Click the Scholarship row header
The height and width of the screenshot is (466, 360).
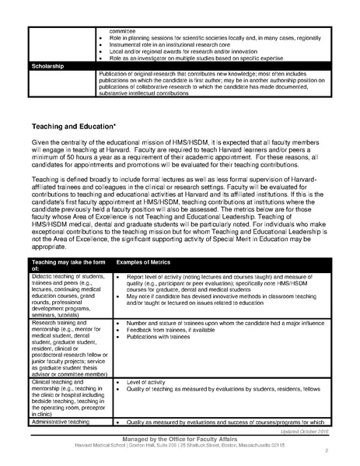49,66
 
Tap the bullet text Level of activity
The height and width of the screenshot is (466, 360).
147,384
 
